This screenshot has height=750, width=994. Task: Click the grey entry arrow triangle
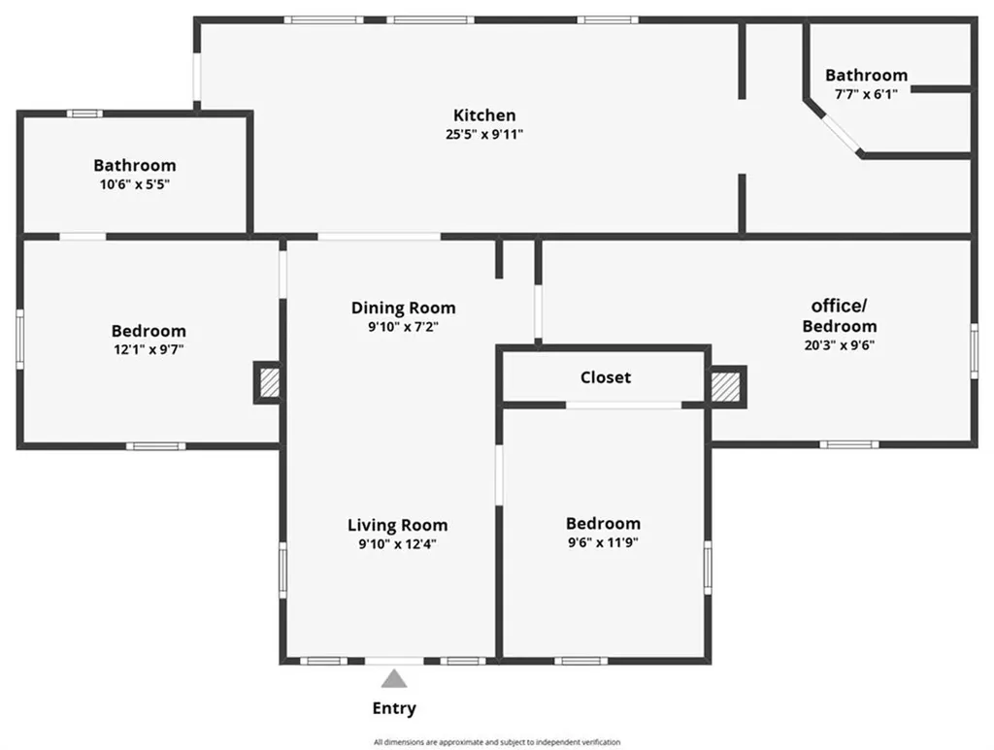(x=394, y=679)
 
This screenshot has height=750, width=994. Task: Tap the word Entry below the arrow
(x=394, y=709)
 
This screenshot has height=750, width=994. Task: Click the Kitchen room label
(x=484, y=115)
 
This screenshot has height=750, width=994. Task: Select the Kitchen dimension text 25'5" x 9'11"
(x=484, y=134)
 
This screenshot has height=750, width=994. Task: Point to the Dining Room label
(x=403, y=308)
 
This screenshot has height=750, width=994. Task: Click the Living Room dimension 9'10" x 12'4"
(x=397, y=544)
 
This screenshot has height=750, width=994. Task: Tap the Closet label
(x=606, y=377)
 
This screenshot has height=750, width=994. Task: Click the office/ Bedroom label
(x=840, y=316)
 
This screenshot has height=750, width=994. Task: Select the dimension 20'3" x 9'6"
(x=840, y=345)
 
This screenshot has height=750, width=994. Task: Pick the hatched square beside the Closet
(x=725, y=386)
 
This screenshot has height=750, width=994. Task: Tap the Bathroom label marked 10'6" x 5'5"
(x=135, y=165)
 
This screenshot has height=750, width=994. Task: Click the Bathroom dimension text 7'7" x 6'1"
(x=866, y=94)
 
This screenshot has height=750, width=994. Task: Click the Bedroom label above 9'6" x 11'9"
(x=603, y=524)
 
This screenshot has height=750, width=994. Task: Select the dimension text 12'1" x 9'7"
(x=149, y=349)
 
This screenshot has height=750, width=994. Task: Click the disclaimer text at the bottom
(x=497, y=742)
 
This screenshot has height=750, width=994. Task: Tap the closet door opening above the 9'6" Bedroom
(x=624, y=405)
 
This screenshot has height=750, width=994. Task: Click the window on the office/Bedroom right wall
(x=974, y=351)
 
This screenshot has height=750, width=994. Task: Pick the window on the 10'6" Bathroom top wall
(x=85, y=114)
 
